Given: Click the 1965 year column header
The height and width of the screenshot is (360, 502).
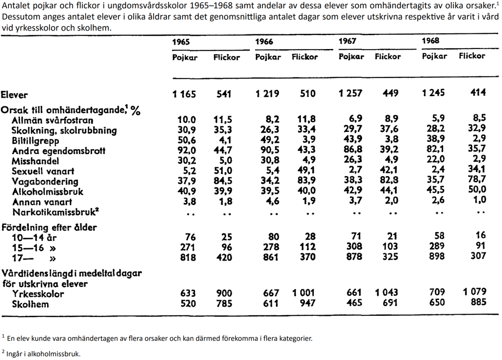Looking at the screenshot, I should (x=181, y=42).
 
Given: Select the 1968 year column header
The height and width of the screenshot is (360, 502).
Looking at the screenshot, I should (x=430, y=41).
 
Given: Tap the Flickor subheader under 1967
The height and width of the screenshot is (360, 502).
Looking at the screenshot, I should (x=388, y=56).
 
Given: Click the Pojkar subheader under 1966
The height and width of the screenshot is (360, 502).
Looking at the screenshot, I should (x=268, y=57).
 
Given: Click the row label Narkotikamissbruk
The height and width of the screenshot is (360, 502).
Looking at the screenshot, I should (x=55, y=212).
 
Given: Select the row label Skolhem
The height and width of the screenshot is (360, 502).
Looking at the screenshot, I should (x=31, y=305).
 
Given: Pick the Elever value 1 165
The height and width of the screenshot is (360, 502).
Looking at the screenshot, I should (x=184, y=94).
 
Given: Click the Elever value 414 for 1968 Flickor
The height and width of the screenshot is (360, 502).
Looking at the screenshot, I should (x=478, y=93).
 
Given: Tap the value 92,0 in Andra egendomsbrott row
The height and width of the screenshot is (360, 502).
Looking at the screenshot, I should (x=186, y=151).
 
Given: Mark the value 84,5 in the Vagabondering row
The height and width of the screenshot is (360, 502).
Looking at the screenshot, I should (x=224, y=181).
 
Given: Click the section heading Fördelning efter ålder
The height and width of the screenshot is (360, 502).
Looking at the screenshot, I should (x=49, y=228).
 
